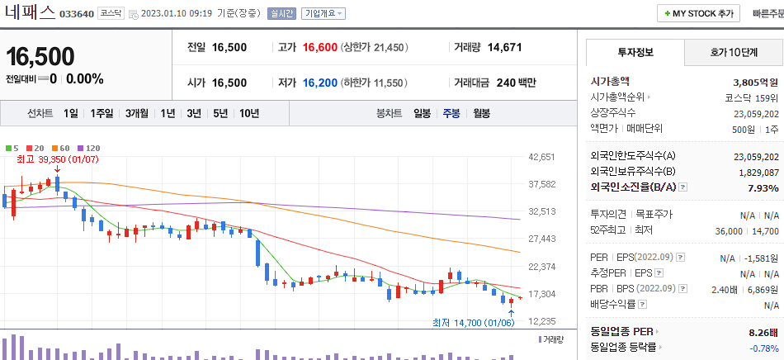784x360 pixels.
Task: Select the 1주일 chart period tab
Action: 102,113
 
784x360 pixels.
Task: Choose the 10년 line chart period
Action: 248,113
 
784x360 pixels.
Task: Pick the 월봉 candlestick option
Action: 482,113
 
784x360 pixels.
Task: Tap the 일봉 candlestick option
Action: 422,113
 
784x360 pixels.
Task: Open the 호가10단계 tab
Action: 734,52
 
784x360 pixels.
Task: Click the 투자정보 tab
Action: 635,52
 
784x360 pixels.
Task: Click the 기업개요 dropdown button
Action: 324,14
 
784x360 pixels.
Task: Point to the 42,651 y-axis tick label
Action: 541,157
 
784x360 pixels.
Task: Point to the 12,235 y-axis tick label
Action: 541,321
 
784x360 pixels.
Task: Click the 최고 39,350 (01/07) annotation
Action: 48,159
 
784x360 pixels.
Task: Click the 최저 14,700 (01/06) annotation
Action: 474,323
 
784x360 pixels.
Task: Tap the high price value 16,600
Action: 320,47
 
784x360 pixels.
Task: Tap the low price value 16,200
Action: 320,83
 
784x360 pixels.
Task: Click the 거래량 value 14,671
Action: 504,47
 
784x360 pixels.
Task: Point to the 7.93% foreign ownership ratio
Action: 763,188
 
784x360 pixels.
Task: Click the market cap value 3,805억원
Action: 755,83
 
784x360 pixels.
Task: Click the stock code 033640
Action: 77,14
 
